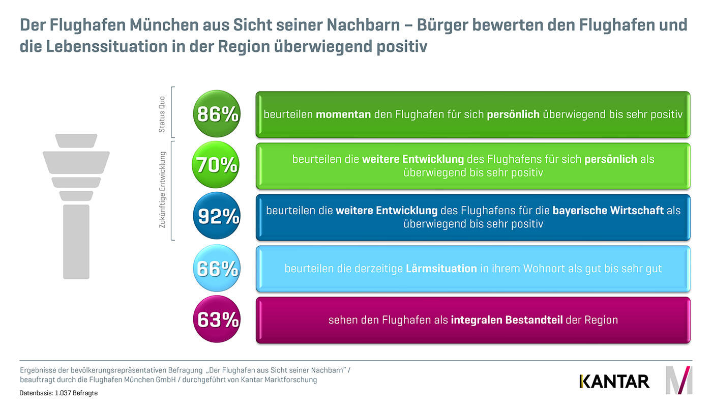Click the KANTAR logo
tap(614, 381)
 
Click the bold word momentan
tap(343, 114)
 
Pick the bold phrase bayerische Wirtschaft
tap(608, 210)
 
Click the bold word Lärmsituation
tap(441, 268)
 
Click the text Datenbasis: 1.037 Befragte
tap(58, 393)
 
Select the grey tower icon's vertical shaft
tap(76, 241)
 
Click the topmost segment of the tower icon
tap(76, 140)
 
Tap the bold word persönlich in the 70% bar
tap(610, 159)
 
